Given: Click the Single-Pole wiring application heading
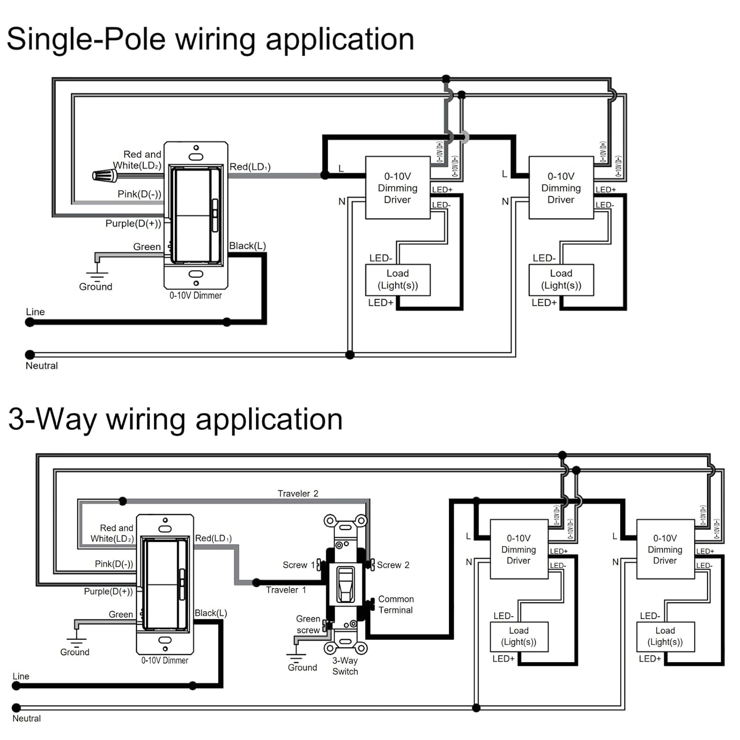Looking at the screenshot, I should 210,39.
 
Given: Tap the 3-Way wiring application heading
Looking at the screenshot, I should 175,419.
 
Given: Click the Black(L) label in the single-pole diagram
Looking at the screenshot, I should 248,246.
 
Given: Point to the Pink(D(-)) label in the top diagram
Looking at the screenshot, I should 139,194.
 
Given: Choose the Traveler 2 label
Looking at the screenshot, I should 298,493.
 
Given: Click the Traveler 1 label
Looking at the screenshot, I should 286,590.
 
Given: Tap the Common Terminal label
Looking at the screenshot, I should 396,604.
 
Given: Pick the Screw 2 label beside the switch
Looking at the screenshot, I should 393,565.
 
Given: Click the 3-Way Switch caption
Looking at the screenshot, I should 345,666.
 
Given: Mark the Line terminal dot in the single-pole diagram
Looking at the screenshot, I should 30,322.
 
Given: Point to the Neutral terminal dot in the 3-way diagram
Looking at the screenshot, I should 16,708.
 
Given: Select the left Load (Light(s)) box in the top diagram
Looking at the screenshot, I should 398,280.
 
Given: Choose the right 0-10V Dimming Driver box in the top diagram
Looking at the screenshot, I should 561,187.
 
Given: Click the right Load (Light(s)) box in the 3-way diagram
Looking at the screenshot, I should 665,636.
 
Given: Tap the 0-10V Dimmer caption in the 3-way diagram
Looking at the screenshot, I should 165,661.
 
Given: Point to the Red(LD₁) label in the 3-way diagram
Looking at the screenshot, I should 213,538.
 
